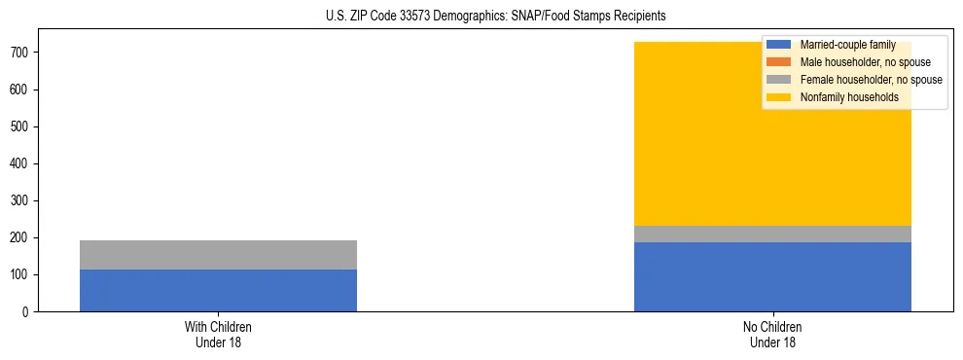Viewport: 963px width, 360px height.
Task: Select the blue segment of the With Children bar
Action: click(218, 290)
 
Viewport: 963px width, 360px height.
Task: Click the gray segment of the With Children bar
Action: click(218, 255)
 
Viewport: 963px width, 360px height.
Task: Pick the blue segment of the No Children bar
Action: click(772, 276)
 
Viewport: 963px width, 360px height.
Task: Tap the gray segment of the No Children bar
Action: click(772, 234)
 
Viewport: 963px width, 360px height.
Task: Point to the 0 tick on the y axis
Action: click(27, 312)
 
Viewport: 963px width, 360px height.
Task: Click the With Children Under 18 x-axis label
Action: click(218, 334)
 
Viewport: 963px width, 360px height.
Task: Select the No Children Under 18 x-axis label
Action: click(772, 334)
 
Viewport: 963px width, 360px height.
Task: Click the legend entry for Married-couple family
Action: click(846, 45)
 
